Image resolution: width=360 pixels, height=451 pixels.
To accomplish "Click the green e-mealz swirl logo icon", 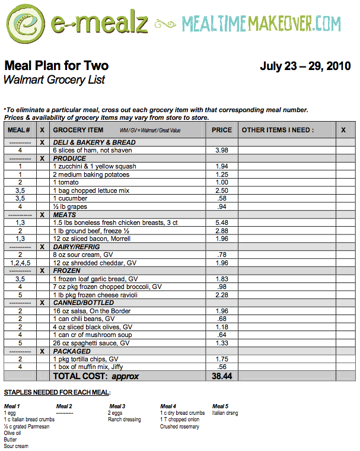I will coord(25,24).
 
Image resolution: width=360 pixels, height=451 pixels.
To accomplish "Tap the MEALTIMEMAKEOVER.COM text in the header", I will coord(262,24).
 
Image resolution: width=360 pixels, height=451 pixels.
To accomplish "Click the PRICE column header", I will coord(222,130).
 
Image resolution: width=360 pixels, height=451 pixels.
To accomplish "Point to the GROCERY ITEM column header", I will coord(78,130).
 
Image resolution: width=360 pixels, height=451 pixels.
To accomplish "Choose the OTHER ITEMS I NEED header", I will coord(278,130).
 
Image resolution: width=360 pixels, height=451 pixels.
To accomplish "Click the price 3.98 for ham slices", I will coord(222,150).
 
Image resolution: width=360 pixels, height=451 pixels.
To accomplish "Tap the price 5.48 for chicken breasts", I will coord(222,223).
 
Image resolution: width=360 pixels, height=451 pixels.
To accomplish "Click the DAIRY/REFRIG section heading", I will coord(76,247).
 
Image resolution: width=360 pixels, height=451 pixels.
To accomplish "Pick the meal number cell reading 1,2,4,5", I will coord(20,262).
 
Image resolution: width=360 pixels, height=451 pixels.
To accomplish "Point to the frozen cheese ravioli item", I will coord(94,295).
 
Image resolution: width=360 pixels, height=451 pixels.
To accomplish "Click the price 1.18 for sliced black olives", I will coord(222,327).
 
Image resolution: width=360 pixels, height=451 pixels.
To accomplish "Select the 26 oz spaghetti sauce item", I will coord(91,343).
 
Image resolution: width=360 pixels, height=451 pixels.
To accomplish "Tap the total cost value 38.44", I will coord(222,376).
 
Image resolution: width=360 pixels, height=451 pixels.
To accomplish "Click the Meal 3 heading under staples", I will coord(116,406).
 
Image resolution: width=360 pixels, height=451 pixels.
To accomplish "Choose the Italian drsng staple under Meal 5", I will coord(225,413).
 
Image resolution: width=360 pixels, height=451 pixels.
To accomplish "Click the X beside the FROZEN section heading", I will coord(42,271).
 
